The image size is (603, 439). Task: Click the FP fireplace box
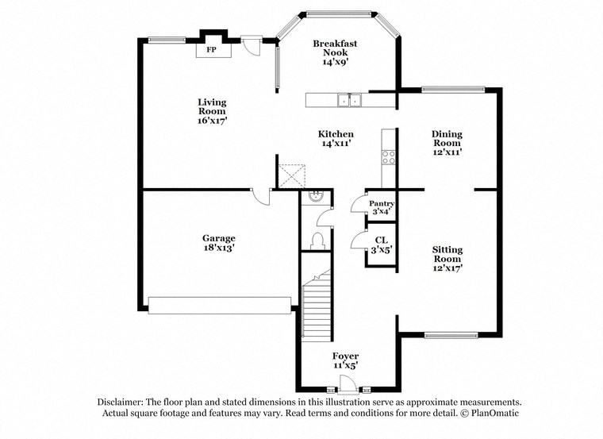(212, 49)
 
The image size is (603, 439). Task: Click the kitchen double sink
(348, 100)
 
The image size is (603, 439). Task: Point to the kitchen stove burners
(389, 157)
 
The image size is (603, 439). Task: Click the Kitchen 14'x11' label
(336, 139)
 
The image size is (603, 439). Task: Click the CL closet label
(382, 245)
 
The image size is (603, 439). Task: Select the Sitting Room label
(447, 259)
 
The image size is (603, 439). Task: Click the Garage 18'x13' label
(218, 242)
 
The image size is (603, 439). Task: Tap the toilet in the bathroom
(319, 240)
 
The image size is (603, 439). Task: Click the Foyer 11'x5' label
(345, 361)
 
